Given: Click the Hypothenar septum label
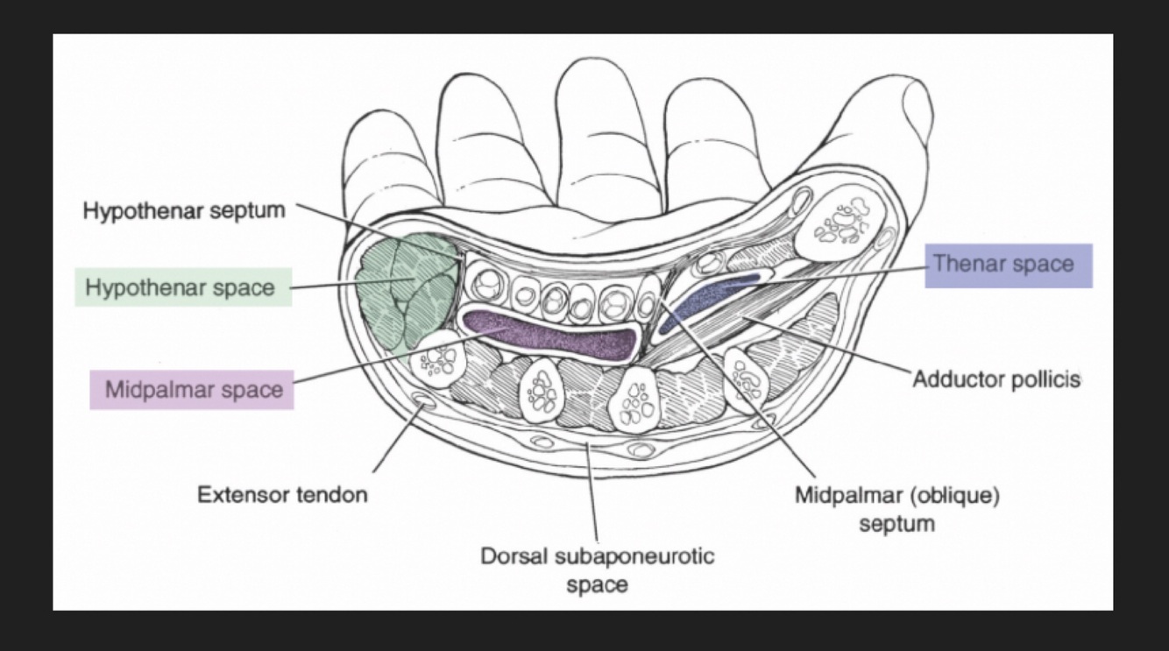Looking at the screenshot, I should click(184, 211).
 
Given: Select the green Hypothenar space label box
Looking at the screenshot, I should click(182, 287).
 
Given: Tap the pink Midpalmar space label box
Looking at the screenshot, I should click(192, 389).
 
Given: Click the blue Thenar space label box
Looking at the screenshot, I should click(1009, 265).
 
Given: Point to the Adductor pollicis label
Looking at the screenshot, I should click(996, 380).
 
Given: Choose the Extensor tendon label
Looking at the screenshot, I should click(282, 494).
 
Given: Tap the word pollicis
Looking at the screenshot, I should click(1048, 380).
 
